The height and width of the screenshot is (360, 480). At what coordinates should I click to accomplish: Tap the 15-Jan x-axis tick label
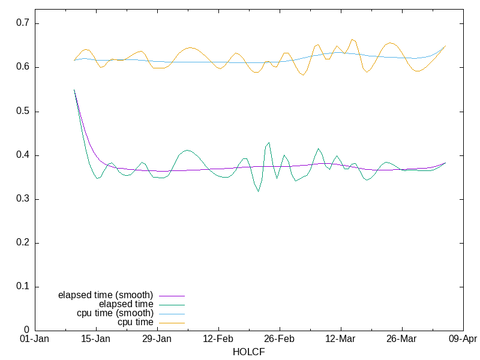(95, 339)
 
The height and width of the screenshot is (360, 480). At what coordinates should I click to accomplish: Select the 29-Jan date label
(157, 339)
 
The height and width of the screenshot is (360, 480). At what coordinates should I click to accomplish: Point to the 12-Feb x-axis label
(218, 339)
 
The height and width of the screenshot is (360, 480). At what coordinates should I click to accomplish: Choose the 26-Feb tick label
(279, 339)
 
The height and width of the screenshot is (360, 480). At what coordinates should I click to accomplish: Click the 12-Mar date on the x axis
(340, 339)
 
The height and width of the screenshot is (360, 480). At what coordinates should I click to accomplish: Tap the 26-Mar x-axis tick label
(401, 339)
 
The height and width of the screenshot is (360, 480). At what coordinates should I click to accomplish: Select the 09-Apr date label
(463, 339)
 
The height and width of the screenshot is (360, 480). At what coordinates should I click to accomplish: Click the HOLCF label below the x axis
(248, 352)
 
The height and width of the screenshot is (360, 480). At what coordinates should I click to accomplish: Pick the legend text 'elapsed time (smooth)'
(106, 295)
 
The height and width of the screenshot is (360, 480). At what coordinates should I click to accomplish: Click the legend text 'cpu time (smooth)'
(115, 313)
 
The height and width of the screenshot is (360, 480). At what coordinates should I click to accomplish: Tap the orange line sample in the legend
(171, 323)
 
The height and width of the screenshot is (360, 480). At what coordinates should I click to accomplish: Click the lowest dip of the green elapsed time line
(259, 191)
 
